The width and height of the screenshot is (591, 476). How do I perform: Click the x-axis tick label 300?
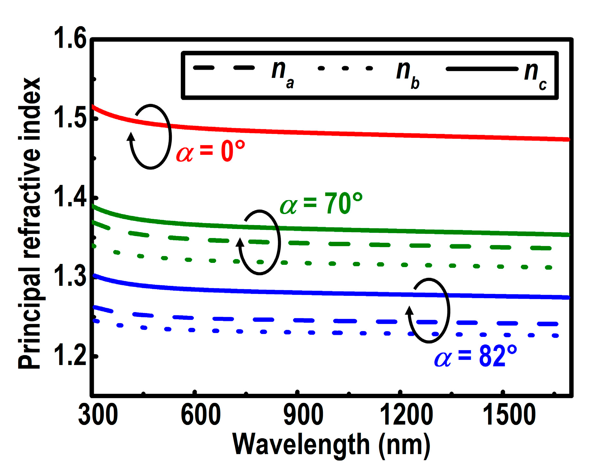pos(98,415)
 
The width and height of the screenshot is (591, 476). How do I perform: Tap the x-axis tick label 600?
pos(201,415)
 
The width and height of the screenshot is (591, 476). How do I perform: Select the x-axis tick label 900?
pos(303,415)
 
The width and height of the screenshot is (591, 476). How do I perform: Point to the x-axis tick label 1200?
pos(406,415)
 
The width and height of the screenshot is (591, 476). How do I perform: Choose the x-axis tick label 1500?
pos(509,415)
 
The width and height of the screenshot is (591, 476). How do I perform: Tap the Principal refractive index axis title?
pos(30,223)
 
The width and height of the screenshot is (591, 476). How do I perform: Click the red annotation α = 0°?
pos(210,152)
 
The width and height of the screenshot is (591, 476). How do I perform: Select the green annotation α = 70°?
pos(321,204)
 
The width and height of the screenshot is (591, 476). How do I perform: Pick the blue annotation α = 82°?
pos(475,356)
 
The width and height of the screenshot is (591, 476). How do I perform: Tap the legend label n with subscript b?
pos(408,74)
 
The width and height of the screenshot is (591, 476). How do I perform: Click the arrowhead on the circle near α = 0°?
pos(131,136)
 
